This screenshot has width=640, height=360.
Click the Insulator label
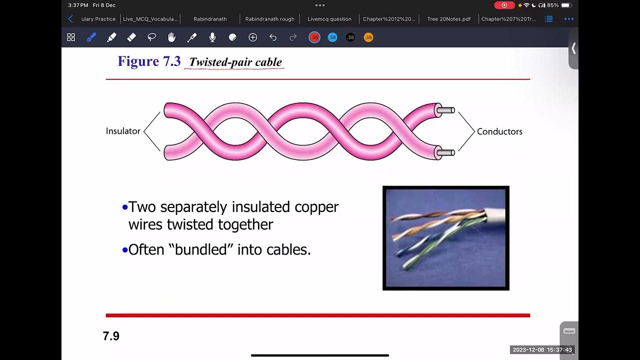point(123,131)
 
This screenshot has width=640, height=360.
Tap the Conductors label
point(499,131)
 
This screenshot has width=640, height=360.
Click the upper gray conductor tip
point(446,110)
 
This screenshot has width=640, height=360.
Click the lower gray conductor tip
point(446,152)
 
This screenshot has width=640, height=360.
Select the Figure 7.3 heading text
point(149,61)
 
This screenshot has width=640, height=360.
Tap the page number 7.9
point(111,336)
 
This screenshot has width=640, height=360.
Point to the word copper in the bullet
point(316,206)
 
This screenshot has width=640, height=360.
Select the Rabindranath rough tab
point(269,19)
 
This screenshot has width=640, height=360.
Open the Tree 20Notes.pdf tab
point(448,19)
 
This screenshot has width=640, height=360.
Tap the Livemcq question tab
point(329,19)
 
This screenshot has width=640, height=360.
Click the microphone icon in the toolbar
point(212,37)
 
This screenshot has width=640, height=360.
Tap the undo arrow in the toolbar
point(273,37)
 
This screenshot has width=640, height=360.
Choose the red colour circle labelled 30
point(314,37)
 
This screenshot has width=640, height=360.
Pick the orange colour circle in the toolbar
point(368,37)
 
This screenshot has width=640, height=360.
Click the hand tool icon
point(171,37)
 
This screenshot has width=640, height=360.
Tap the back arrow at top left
point(70,19)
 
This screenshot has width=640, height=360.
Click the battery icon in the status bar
point(565,5)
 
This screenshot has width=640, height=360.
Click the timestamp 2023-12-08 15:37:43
point(542,349)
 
